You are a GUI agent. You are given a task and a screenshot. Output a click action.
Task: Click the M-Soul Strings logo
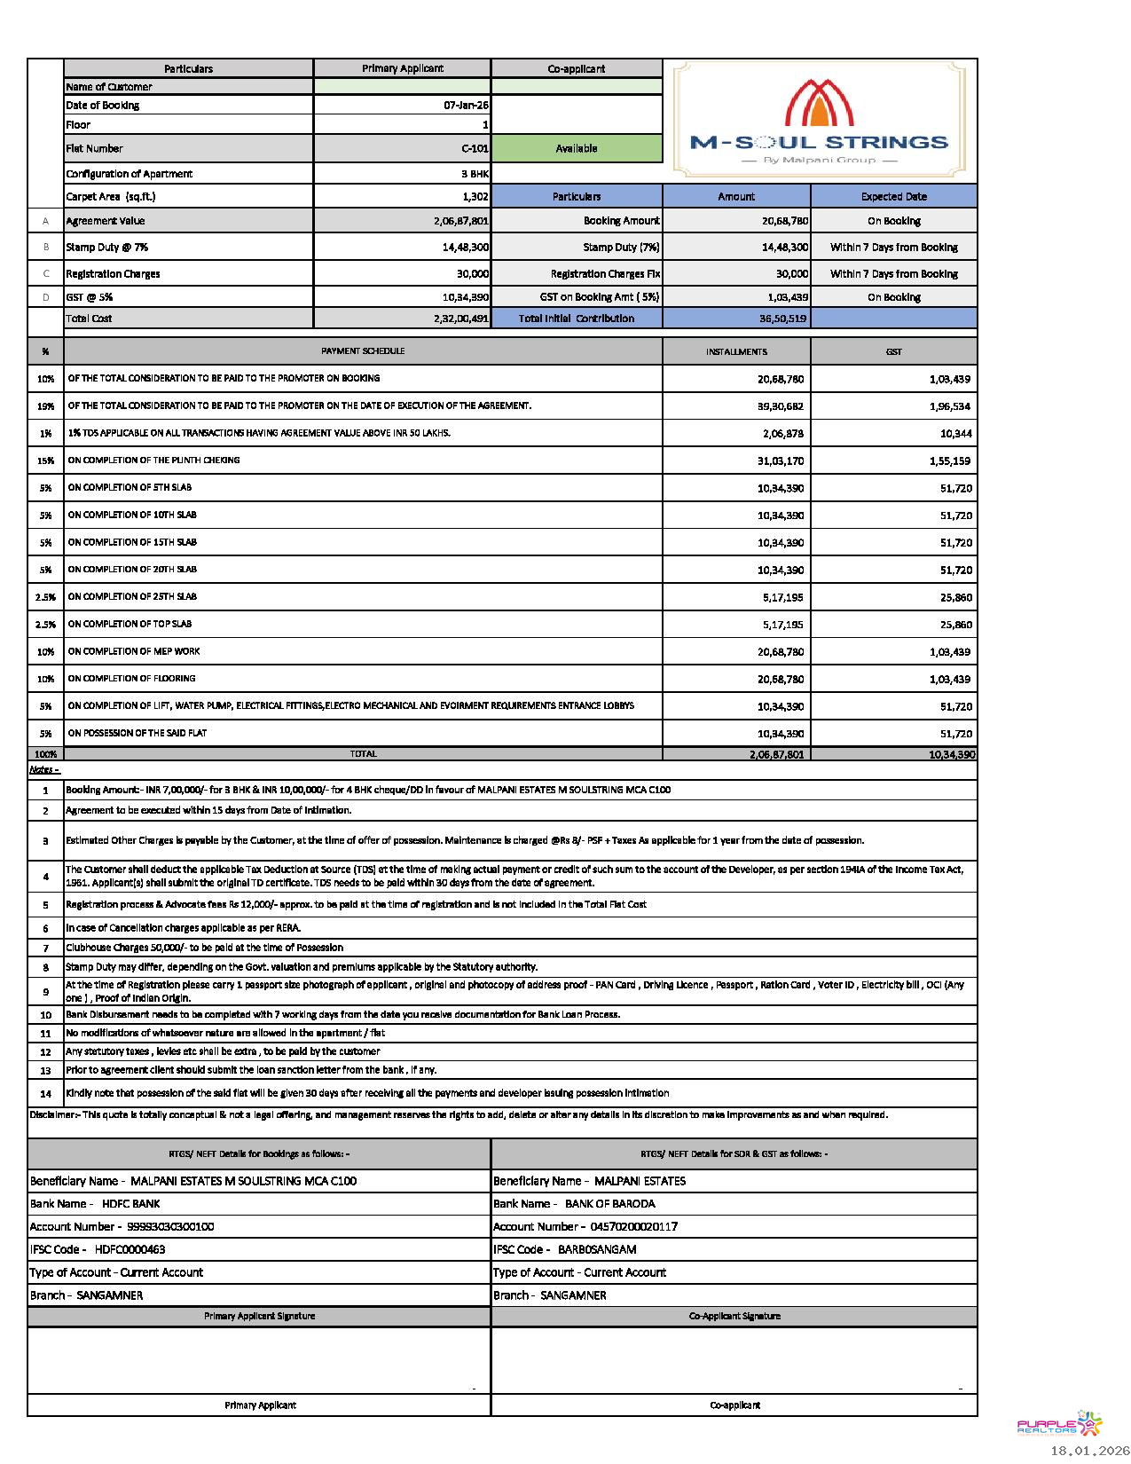[819, 121]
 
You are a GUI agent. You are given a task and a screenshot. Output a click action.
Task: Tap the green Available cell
[577, 149]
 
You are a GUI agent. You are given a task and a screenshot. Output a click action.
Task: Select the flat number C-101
[475, 149]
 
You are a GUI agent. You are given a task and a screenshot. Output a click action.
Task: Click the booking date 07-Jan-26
[466, 106]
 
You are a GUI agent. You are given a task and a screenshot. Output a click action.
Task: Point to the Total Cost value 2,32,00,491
[460, 319]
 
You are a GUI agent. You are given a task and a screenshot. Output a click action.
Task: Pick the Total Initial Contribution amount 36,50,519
[782, 319]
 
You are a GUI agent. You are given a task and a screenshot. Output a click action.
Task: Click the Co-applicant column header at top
[577, 69]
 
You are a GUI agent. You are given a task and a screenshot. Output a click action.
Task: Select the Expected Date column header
[893, 197]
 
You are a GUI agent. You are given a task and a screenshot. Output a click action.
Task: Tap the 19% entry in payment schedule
[45, 406]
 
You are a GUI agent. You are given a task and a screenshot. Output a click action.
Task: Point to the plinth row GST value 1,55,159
[949, 461]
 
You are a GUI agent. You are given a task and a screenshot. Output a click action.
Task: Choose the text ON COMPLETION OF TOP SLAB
[130, 625]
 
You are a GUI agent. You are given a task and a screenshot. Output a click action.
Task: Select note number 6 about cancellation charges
[183, 928]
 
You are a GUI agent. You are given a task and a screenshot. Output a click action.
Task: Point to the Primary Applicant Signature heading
[259, 1317]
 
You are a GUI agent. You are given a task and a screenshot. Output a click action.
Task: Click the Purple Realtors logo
[1058, 1424]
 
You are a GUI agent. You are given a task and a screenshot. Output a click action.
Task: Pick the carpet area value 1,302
[475, 197]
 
